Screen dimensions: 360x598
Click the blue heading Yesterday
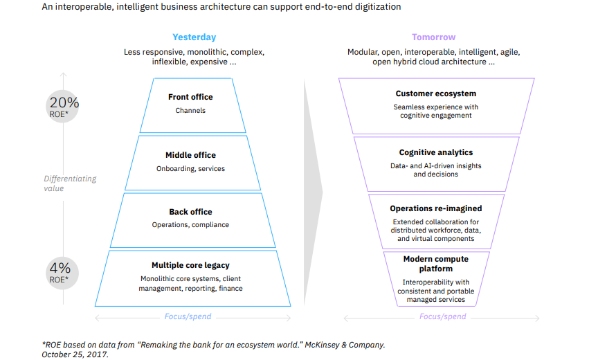tap(194, 37)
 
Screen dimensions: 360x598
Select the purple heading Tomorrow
tap(433, 37)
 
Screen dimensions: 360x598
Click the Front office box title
tap(190, 97)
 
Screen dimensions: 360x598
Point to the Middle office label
tap(190, 155)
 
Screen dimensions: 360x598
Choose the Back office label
tap(190, 212)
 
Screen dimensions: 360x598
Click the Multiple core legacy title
tap(190, 265)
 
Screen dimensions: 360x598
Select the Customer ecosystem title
tap(436, 93)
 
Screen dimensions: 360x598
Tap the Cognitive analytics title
tap(437, 152)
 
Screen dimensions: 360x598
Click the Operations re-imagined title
tap(436, 208)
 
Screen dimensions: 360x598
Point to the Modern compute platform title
tap(436, 264)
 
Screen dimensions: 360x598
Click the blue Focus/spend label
tap(188, 317)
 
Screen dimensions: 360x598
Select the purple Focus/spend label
tap(443, 317)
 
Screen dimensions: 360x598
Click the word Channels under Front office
tap(190, 110)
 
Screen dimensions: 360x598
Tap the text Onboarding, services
tap(190, 168)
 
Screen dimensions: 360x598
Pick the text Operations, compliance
tap(190, 224)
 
